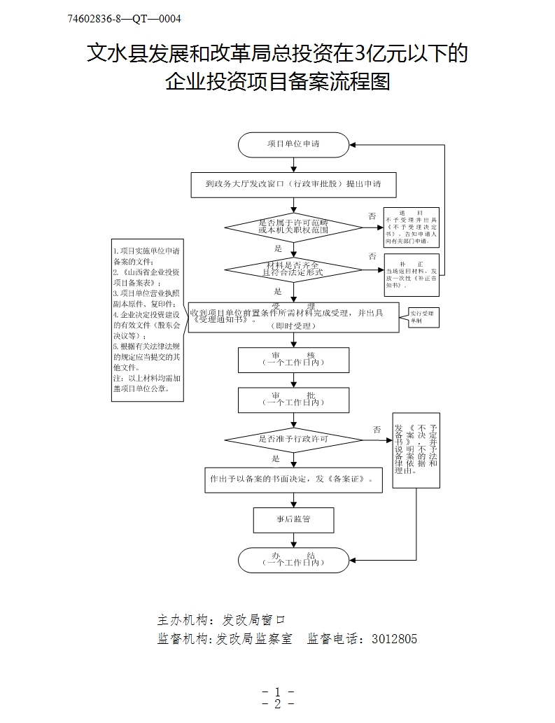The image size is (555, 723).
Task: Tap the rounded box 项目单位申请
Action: click(x=293, y=144)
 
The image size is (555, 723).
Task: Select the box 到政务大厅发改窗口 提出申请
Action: click(x=293, y=185)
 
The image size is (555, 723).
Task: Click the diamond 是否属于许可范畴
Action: click(x=293, y=226)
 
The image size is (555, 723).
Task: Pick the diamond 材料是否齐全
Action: click(x=293, y=269)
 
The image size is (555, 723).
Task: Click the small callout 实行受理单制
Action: click(x=421, y=316)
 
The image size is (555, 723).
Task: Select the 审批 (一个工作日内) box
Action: click(x=293, y=400)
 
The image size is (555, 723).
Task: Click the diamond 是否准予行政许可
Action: click(x=293, y=440)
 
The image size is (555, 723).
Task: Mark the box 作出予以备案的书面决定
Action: click(x=293, y=480)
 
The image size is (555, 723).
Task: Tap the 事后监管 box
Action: click(x=293, y=519)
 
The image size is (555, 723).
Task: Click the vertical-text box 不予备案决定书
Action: click(x=416, y=450)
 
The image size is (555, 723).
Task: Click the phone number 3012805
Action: click(x=394, y=638)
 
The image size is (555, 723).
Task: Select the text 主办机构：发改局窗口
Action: click(x=222, y=620)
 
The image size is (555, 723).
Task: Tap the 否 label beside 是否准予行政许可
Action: click(x=377, y=429)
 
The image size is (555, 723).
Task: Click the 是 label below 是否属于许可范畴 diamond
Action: click(x=277, y=248)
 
